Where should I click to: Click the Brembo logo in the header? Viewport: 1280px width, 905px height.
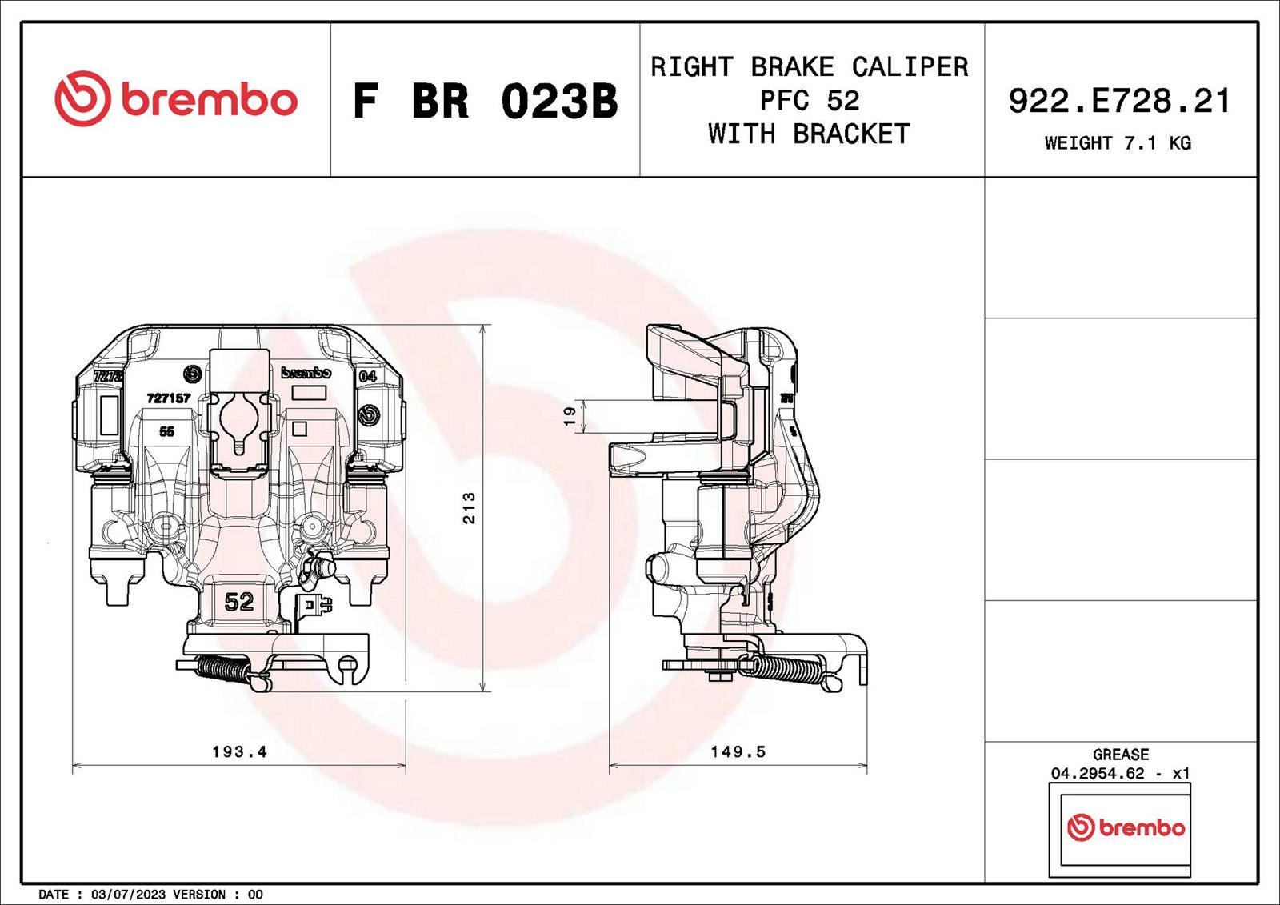(176, 99)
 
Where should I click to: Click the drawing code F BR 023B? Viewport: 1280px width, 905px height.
(485, 102)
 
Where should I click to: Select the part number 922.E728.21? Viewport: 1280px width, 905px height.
(1119, 102)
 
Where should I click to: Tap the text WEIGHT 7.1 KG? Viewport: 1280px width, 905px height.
(1118, 143)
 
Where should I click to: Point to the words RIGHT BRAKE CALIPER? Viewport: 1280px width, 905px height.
(809, 67)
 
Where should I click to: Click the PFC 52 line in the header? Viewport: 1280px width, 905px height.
(809, 101)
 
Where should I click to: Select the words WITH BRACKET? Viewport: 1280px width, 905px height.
(809, 134)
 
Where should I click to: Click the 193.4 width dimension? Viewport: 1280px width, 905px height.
(239, 751)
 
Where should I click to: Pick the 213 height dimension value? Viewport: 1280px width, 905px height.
(469, 508)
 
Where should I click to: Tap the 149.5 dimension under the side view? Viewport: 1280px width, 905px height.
(738, 751)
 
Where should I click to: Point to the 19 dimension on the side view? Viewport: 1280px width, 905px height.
(570, 416)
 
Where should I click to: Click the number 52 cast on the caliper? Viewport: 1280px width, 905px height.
(238, 601)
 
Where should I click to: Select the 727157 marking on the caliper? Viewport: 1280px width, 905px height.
(169, 398)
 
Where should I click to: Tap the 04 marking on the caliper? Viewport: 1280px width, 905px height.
(367, 376)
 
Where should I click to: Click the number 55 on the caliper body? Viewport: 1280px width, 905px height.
(166, 431)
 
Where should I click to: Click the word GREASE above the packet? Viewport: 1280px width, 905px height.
(1120, 755)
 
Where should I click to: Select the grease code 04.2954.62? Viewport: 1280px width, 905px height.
(1098, 773)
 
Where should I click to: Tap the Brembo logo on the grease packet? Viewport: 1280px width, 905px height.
(1126, 827)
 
